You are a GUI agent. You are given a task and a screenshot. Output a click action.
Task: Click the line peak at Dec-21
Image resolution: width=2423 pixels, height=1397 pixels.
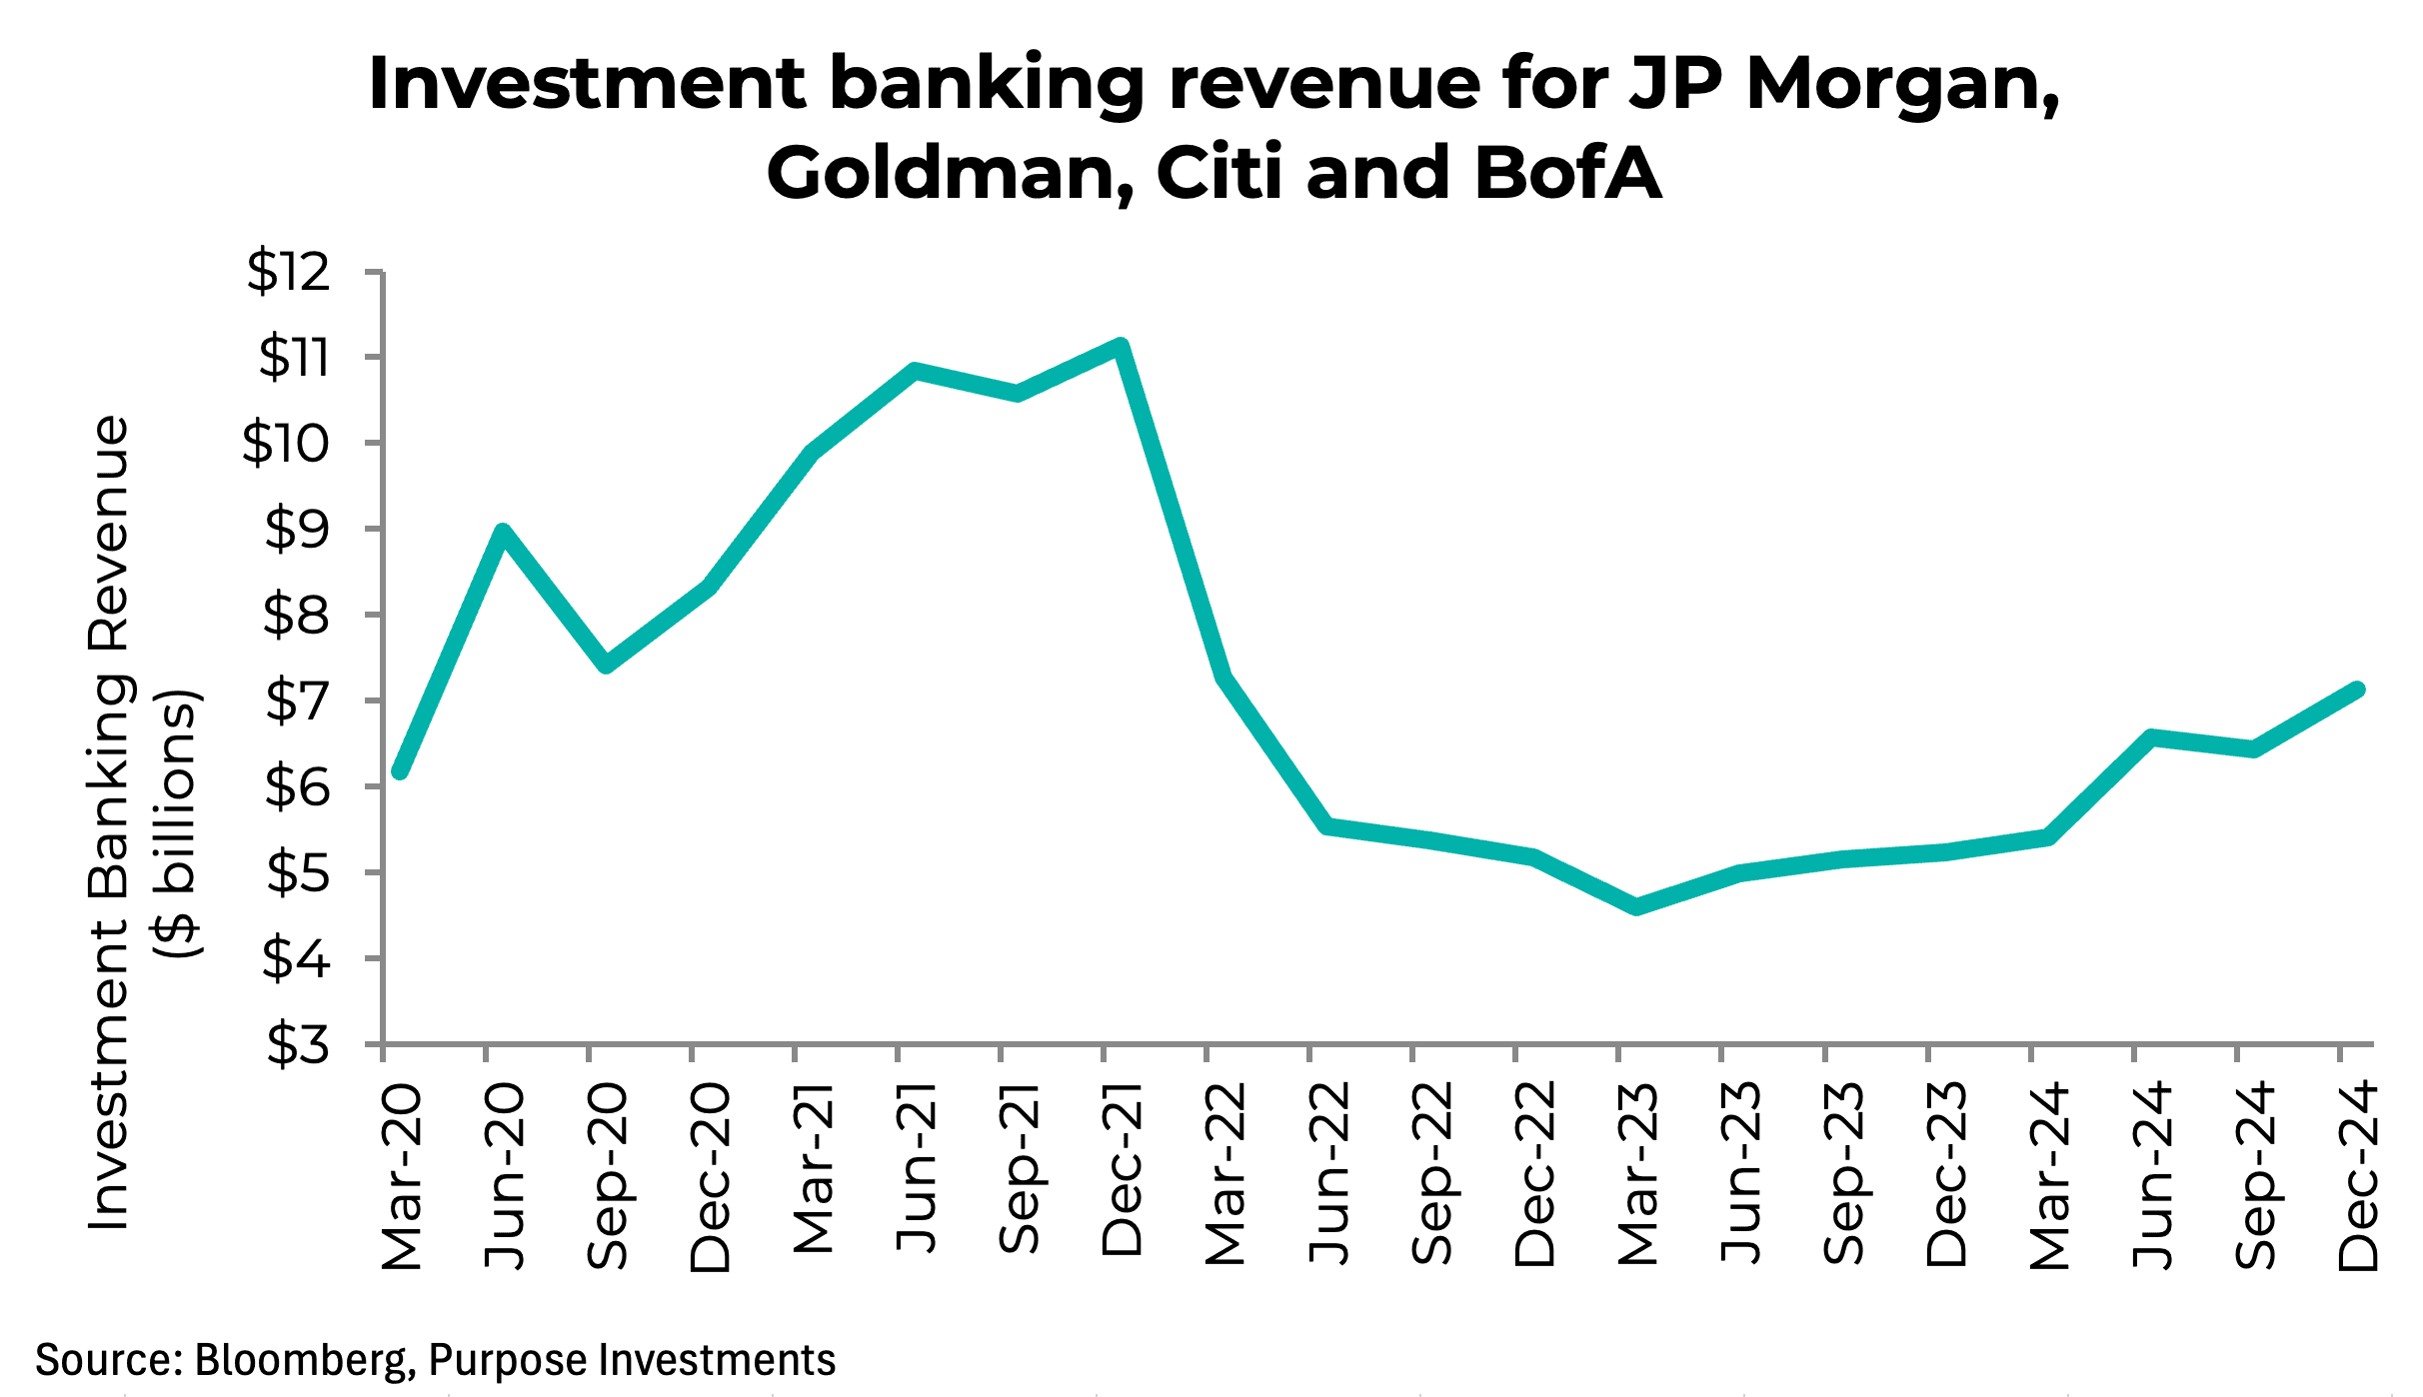pos(1121,347)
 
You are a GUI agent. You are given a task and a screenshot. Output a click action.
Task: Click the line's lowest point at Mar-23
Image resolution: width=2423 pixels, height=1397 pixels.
pos(1636,906)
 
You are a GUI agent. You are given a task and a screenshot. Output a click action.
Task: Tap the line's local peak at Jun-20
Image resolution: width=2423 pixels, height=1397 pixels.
pos(503,532)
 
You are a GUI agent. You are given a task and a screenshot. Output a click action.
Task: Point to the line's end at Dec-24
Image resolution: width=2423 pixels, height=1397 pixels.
pos(2356,690)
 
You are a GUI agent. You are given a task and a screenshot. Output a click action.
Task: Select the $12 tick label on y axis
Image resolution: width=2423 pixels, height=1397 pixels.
pos(289,272)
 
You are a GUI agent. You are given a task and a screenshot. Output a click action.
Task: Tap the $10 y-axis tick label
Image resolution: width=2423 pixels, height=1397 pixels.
pos(286,444)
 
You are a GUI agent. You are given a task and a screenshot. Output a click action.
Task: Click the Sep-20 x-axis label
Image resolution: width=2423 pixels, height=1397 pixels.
pos(607,1177)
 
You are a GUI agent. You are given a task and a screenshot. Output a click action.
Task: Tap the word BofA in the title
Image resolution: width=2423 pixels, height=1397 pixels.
pos(1567,173)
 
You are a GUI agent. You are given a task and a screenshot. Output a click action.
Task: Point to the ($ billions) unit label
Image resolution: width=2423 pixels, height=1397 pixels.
pos(180,823)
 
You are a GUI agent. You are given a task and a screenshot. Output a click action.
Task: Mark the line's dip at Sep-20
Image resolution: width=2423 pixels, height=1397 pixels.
pos(606,665)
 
